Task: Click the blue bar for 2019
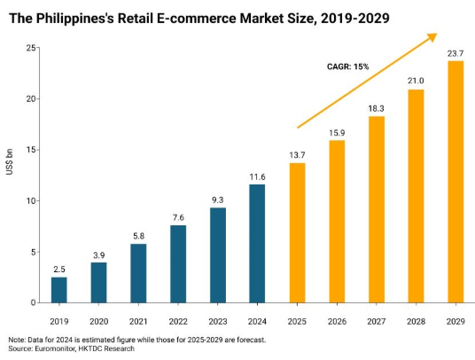click(58, 290)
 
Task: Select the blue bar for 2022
click(177, 263)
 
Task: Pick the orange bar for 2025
click(297, 232)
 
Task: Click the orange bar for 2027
click(376, 209)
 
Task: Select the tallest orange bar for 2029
click(456, 182)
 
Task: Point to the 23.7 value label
click(456, 52)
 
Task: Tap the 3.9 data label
click(98, 254)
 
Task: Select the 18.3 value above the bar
click(376, 107)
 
